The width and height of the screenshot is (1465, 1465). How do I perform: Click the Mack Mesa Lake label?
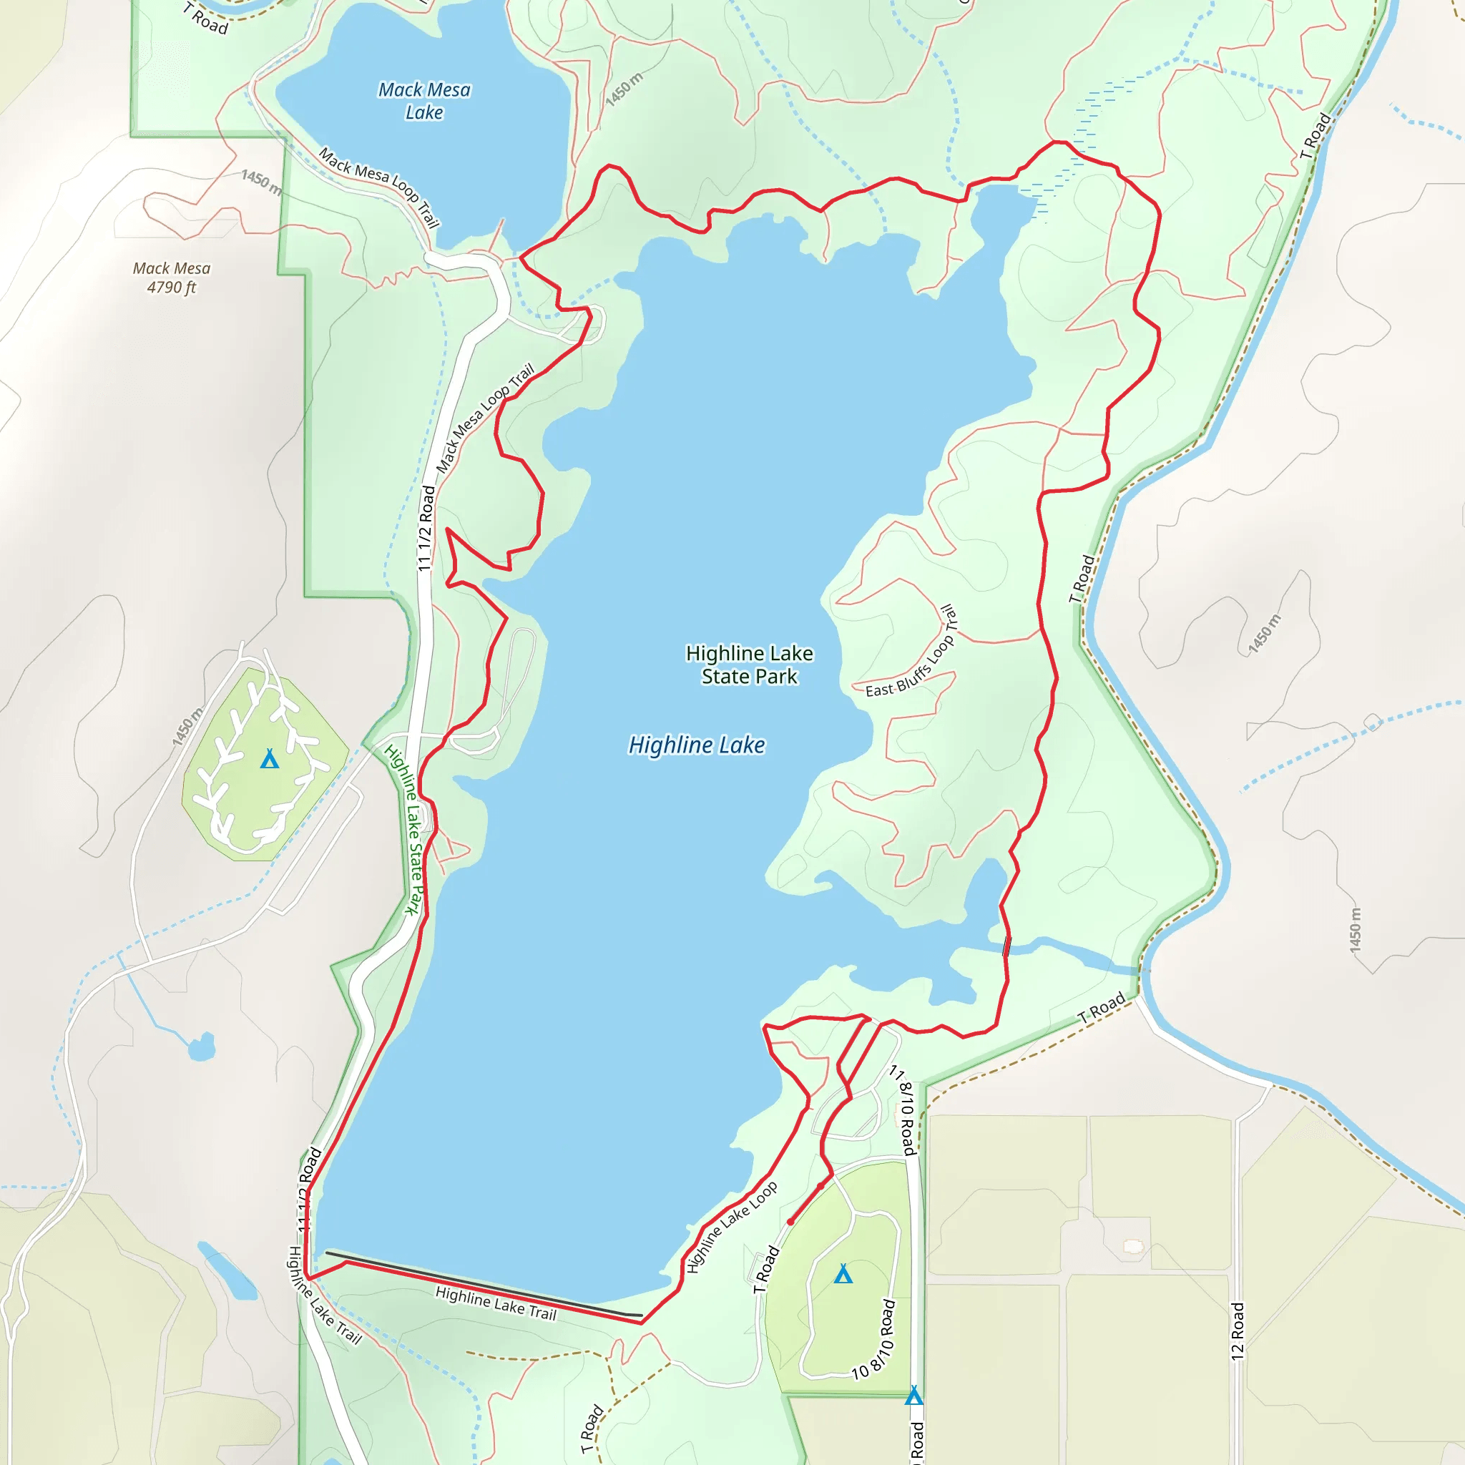coord(424,101)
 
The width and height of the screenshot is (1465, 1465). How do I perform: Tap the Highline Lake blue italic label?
coord(696,745)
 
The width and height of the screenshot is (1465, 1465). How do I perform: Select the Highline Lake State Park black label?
coord(749,665)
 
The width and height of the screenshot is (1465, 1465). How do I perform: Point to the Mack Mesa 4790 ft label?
coord(172,278)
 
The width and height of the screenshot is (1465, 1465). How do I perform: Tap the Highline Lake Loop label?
coord(731,1227)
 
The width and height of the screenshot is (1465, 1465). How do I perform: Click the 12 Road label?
coord(1238,1331)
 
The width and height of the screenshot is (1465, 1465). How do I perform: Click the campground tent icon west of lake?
coord(269,759)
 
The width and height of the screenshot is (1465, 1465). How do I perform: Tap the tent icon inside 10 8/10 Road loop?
coord(843,1274)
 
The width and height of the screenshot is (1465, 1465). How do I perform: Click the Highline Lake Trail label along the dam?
coord(496,1303)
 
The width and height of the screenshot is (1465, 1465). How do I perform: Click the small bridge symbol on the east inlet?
coord(1007,946)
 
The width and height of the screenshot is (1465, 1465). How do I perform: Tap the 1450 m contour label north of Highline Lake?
coord(624,89)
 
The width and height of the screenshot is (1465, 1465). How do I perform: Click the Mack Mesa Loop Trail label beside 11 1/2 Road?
coord(484,418)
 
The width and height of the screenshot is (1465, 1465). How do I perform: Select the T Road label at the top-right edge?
coord(1315,136)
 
